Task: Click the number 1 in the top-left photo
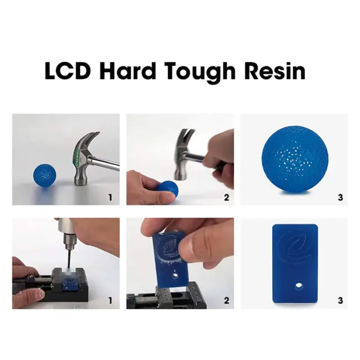tap(110, 197)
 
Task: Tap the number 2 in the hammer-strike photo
tap(226, 197)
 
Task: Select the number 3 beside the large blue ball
tap(340, 197)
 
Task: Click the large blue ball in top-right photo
tap(291, 159)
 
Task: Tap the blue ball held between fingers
tap(167, 189)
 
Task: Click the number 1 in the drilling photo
tap(110, 300)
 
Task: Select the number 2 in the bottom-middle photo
tap(226, 300)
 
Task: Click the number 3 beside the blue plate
tap(340, 300)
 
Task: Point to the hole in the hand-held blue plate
tap(176, 277)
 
